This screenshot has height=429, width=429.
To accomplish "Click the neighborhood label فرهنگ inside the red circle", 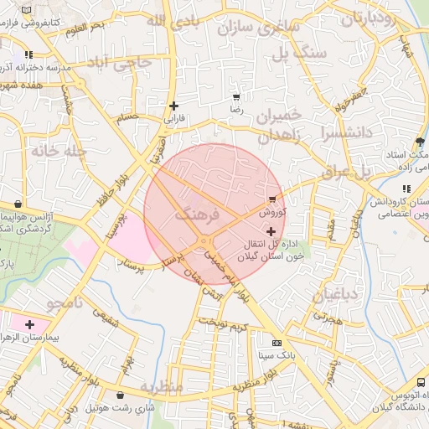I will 198,214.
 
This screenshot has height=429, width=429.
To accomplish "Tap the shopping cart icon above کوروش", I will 273,199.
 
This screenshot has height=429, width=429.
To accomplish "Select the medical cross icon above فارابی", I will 173,106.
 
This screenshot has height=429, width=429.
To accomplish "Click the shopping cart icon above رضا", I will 235,97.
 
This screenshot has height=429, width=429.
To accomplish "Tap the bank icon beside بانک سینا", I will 277,343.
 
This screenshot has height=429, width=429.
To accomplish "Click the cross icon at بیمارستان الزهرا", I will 30,323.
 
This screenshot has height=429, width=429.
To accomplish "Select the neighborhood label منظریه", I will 162,387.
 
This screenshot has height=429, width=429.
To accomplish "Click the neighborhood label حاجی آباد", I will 121,62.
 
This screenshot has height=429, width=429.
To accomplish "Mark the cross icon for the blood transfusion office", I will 270,230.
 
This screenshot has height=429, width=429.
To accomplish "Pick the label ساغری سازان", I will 258,27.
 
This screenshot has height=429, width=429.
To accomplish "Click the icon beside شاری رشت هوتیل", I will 121,395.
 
